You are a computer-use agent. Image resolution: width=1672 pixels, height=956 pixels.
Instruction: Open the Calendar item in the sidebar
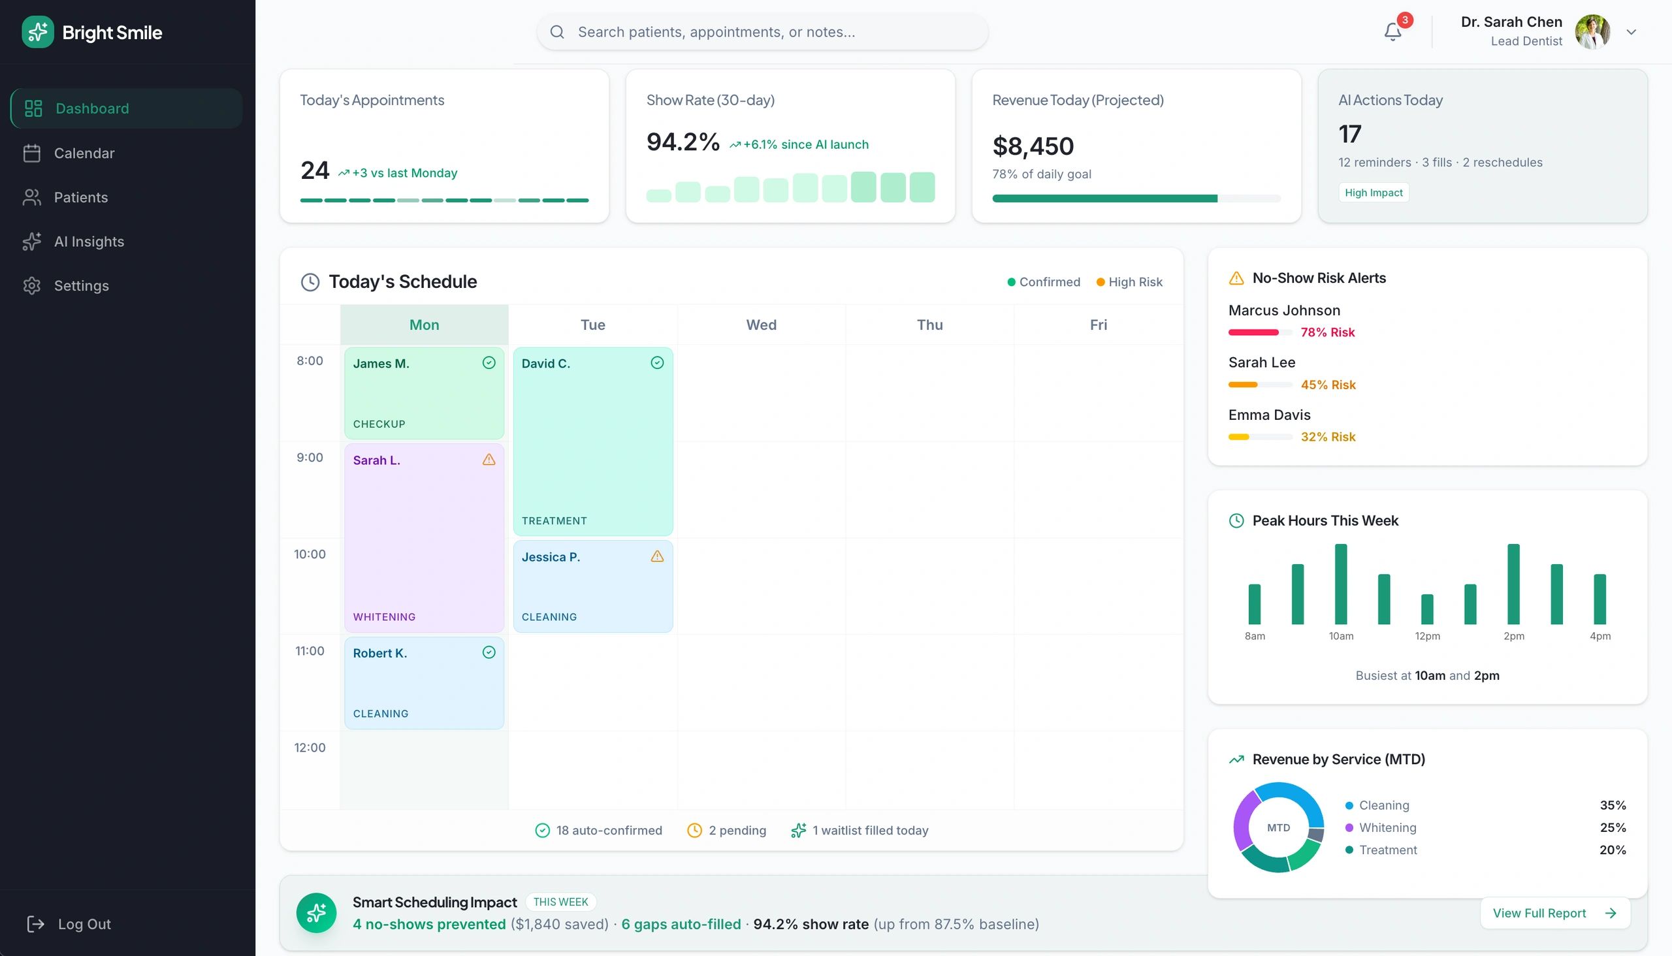pyautogui.click(x=84, y=153)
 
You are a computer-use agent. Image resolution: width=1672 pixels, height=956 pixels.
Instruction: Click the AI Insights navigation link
pyautogui.click(x=89, y=242)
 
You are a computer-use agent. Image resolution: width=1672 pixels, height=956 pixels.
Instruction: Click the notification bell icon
pyautogui.click(x=1392, y=31)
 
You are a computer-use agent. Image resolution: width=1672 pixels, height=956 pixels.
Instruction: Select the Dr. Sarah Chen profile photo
pyautogui.click(x=1592, y=31)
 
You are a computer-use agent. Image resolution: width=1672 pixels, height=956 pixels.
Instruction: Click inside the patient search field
pyautogui.click(x=762, y=31)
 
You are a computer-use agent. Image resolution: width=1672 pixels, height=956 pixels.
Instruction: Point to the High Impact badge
pyautogui.click(x=1373, y=193)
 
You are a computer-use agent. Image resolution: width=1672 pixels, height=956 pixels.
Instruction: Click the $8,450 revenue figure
pyautogui.click(x=1033, y=146)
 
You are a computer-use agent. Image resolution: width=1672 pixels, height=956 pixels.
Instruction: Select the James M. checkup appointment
pyautogui.click(x=424, y=392)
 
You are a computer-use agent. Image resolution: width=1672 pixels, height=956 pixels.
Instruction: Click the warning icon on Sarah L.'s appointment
pyautogui.click(x=489, y=460)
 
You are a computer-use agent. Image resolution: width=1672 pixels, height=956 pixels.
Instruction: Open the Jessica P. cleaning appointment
pyautogui.click(x=592, y=586)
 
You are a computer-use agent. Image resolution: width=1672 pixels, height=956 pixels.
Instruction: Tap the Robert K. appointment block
pyautogui.click(x=424, y=682)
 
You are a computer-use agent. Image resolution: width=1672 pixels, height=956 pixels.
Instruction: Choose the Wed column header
pyautogui.click(x=761, y=325)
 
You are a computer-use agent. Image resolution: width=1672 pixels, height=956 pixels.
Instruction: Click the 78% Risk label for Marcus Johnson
pyautogui.click(x=1327, y=332)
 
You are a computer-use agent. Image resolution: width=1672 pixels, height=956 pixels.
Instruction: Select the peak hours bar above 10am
pyautogui.click(x=1340, y=584)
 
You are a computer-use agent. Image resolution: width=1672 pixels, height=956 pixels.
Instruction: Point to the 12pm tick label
pyautogui.click(x=1427, y=635)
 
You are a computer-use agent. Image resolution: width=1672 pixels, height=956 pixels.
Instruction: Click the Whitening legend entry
pyautogui.click(x=1387, y=827)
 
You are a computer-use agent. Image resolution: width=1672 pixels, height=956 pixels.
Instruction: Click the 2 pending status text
pyautogui.click(x=737, y=830)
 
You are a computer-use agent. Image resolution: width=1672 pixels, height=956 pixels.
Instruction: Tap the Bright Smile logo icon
pyautogui.click(x=37, y=32)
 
